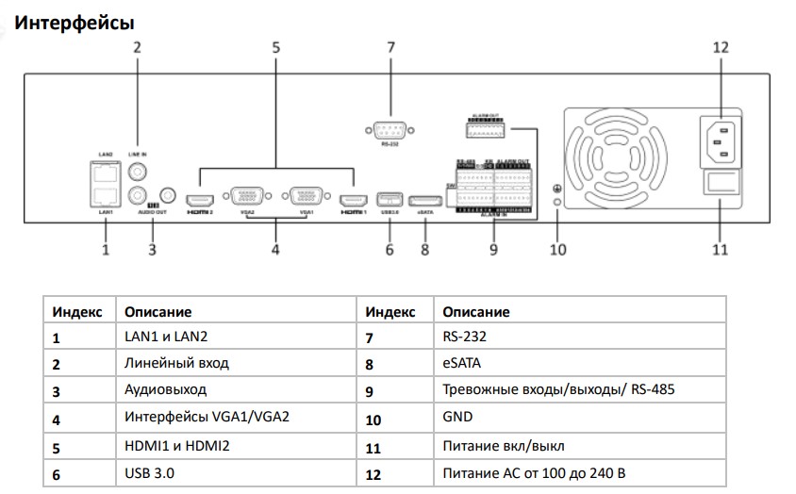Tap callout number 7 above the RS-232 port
(390, 46)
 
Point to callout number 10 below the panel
(558, 249)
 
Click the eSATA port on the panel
(424, 201)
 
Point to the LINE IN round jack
(139, 172)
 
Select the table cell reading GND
(456, 417)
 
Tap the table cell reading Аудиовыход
(165, 389)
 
